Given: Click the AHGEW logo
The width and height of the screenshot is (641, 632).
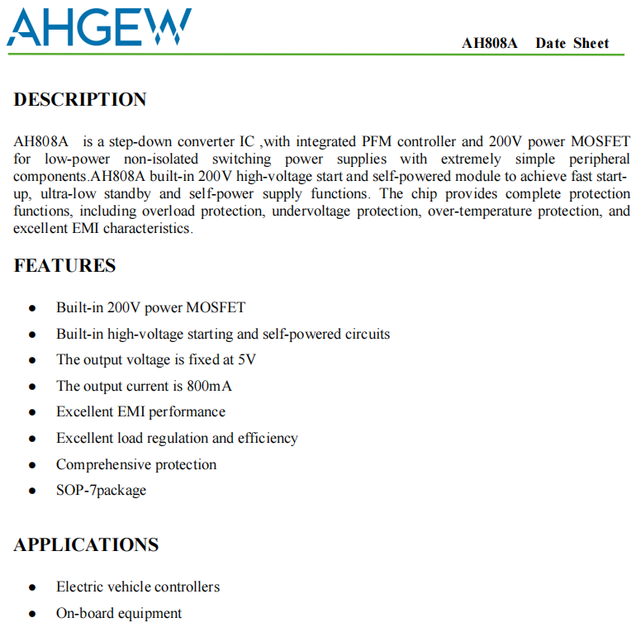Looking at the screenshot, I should click(x=99, y=27).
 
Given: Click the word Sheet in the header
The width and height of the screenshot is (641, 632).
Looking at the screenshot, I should click(x=591, y=44).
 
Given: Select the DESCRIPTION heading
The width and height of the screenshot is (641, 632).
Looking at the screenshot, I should click(x=80, y=100).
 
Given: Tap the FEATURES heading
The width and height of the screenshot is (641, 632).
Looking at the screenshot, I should click(x=65, y=266).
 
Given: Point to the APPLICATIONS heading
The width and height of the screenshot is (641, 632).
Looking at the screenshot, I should click(x=86, y=545).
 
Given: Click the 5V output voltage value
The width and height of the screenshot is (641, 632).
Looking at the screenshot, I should click(x=246, y=360).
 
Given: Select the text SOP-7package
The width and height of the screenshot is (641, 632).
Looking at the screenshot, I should click(x=101, y=490).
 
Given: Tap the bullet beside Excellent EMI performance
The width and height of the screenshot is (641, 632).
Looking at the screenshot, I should click(x=32, y=412).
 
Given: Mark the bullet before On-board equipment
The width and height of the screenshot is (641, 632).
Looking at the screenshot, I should click(x=32, y=614).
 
